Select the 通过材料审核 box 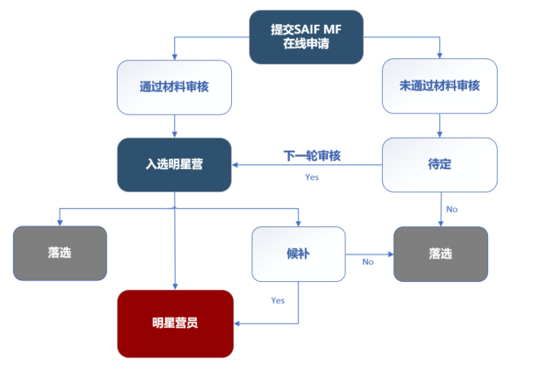(174, 86)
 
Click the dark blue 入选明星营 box (174, 164)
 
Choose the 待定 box (439, 164)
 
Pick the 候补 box (298, 253)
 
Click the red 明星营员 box (175, 323)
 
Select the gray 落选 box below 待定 (440, 254)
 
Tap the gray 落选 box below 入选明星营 (60, 253)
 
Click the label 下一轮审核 (312, 155)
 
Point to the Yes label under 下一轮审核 (311, 177)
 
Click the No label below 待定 (451, 209)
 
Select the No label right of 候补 (368, 261)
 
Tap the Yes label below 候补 (278, 300)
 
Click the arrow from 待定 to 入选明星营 (307, 164)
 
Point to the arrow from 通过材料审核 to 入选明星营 (174, 125)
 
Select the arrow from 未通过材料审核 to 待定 (439, 125)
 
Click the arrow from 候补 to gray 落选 (369, 253)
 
